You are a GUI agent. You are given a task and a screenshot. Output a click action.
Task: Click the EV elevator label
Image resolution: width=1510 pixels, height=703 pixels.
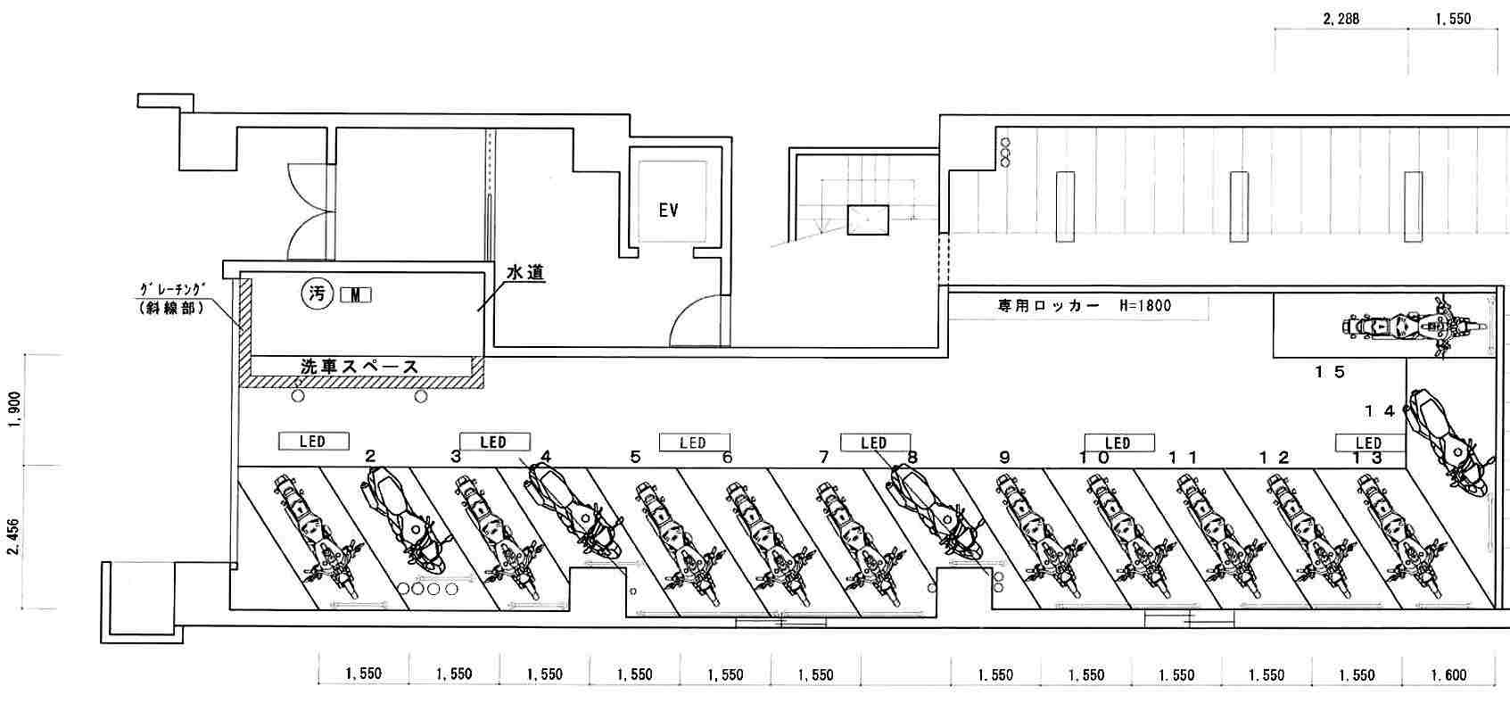pos(668,211)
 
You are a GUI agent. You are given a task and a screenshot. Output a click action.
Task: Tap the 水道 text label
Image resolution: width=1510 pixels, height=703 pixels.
pos(525,273)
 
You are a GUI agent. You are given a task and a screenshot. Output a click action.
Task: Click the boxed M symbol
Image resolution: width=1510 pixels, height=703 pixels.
pos(356,295)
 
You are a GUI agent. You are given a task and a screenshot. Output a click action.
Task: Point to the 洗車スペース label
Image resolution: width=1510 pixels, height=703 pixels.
pos(359,366)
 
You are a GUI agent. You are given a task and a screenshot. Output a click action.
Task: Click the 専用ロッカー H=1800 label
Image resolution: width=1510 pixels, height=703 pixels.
pos(1084,306)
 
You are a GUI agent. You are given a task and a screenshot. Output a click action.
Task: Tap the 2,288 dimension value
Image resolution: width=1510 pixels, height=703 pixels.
pos(1341,18)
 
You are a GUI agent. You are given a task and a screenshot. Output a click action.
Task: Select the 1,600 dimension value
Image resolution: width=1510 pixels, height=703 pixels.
pos(1448,675)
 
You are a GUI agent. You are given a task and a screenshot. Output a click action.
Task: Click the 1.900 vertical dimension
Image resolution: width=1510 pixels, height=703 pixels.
pos(13,409)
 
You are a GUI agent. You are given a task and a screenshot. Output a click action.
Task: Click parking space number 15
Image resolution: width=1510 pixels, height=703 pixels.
pos(1329,372)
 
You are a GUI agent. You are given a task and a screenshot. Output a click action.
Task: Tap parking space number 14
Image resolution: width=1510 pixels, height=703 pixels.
pos(1379,410)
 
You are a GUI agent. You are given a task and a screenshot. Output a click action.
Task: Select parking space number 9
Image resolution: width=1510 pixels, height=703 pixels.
pos(1004,458)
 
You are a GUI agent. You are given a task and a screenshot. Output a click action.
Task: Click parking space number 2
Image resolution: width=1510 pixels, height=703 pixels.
pos(370,457)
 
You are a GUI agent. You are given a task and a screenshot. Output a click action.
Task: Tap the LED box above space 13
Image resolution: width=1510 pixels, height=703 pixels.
pos(1368,442)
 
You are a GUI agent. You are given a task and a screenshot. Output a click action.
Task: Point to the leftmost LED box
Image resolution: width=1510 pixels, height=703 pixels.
pos(312,441)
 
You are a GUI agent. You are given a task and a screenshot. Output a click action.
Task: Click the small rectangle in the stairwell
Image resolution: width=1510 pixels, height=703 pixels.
pos(868,219)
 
